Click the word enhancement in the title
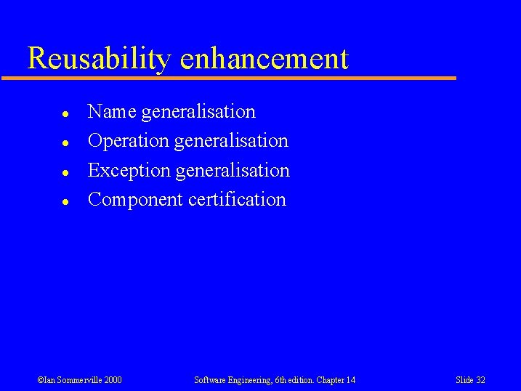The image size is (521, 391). coord(264,58)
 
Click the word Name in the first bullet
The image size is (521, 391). coord(112,112)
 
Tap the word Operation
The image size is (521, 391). coord(128,141)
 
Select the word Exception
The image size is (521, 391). coord(129,171)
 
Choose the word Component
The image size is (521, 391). coord(135,200)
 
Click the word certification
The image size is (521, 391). coord(237,200)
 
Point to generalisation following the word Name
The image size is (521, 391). coord(198,112)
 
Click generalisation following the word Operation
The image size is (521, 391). coord(231,141)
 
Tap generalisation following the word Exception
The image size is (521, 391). coord(233,171)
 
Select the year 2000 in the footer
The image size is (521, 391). coord(113,380)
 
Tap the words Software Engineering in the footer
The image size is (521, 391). coord(227,380)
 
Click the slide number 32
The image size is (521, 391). coord(480,380)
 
